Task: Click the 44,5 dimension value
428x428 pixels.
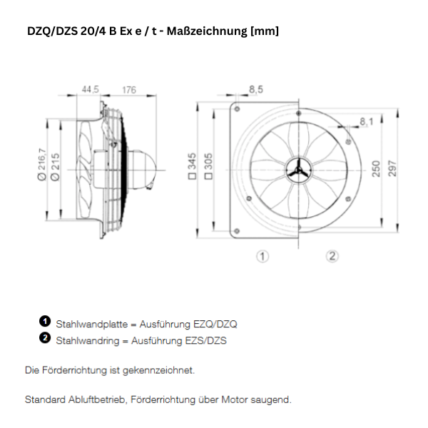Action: coord(90,90)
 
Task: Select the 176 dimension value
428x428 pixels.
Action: coord(128,90)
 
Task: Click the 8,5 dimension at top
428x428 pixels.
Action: coord(256,89)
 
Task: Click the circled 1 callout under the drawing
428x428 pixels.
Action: coord(263,256)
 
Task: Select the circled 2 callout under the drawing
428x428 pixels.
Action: coord(332,256)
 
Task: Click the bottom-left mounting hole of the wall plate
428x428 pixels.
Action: coord(236,229)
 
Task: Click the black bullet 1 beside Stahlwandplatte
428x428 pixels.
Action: coord(44,322)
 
